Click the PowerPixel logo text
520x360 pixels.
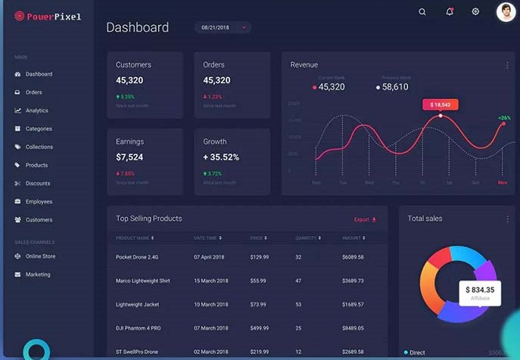click(53, 16)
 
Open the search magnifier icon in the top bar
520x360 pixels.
click(422, 12)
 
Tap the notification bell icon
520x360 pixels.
click(449, 12)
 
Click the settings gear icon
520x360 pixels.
click(475, 12)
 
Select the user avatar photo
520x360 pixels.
click(506, 12)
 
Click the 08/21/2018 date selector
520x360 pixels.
click(223, 28)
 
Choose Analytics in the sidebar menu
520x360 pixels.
click(36, 110)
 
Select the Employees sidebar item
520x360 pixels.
click(39, 202)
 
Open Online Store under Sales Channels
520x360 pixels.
click(41, 256)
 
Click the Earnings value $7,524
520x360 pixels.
click(129, 157)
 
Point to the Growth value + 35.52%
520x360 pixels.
click(221, 157)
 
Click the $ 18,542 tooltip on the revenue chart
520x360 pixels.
click(441, 105)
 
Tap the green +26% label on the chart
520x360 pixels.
click(504, 118)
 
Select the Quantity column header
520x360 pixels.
click(307, 238)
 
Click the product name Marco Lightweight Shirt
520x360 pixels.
click(143, 281)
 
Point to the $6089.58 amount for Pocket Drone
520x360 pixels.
click(353, 257)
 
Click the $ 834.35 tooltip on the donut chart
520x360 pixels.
click(480, 290)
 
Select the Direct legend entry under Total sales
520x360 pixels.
click(416, 352)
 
